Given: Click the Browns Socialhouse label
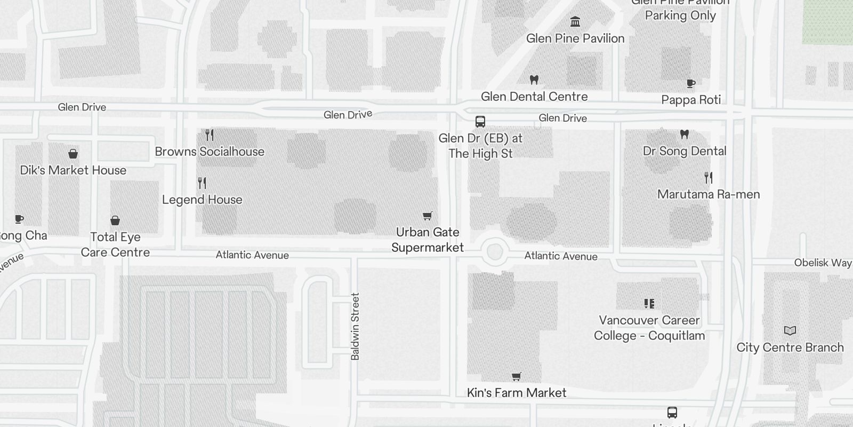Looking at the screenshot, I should tap(210, 152).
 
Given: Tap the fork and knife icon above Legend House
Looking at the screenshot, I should tap(202, 183).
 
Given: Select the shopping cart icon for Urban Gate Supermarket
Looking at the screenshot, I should tap(427, 216).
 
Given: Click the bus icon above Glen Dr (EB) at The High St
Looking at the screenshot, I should tap(480, 122).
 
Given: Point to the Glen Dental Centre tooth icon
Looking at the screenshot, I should tap(534, 80).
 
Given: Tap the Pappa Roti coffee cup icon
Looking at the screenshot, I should tap(691, 83).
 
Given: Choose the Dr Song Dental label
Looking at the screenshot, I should tap(685, 151).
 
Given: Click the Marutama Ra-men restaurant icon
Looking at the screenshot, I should tap(709, 177).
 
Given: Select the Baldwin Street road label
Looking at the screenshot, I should tap(356, 326).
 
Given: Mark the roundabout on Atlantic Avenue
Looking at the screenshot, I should tap(495, 251).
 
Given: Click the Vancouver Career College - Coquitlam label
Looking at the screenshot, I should tap(649, 328).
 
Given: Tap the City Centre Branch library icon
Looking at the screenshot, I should tap(790, 331).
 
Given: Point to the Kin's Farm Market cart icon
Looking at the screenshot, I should tap(516, 377).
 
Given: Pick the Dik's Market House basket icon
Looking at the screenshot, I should tap(73, 154).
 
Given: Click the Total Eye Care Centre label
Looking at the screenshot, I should tap(115, 244).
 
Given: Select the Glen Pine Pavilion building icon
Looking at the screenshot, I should tap(575, 22).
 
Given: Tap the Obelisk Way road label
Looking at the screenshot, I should tap(823, 263).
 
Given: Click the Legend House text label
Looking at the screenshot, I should tap(202, 200).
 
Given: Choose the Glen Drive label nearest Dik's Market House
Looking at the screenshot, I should tap(82, 107).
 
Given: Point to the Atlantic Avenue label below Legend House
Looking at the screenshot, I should tap(252, 255).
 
